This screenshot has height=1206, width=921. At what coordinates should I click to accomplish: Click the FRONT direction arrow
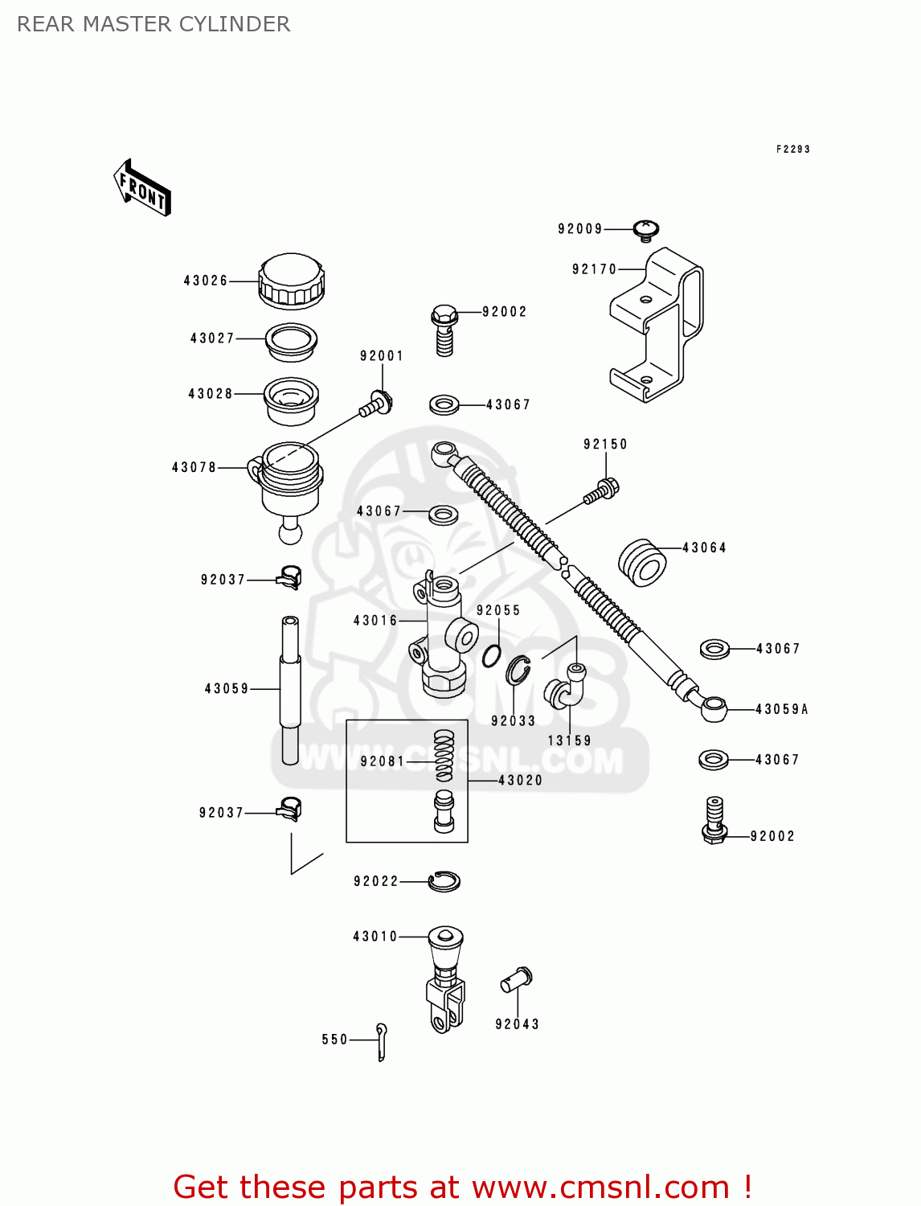click(142, 187)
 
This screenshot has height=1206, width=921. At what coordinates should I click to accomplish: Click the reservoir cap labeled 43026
click(291, 281)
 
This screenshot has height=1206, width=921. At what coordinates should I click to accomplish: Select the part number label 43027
click(212, 338)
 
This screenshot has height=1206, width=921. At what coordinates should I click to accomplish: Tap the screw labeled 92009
click(646, 230)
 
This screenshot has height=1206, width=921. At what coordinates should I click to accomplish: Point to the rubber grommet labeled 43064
click(642, 562)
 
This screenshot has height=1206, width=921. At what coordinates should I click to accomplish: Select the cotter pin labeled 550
click(382, 1041)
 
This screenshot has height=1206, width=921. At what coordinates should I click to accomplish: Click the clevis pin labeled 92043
click(516, 979)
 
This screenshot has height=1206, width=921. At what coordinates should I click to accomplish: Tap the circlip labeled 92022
click(444, 882)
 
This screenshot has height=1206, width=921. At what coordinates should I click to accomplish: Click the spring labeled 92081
click(444, 756)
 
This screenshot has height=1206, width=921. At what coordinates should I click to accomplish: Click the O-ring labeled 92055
click(492, 655)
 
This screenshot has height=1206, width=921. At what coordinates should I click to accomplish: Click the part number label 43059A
click(781, 709)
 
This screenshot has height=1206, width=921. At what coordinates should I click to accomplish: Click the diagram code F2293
click(792, 149)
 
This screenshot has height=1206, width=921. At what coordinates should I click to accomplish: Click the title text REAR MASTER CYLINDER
click(153, 24)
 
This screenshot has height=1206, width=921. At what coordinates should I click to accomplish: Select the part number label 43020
click(520, 780)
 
